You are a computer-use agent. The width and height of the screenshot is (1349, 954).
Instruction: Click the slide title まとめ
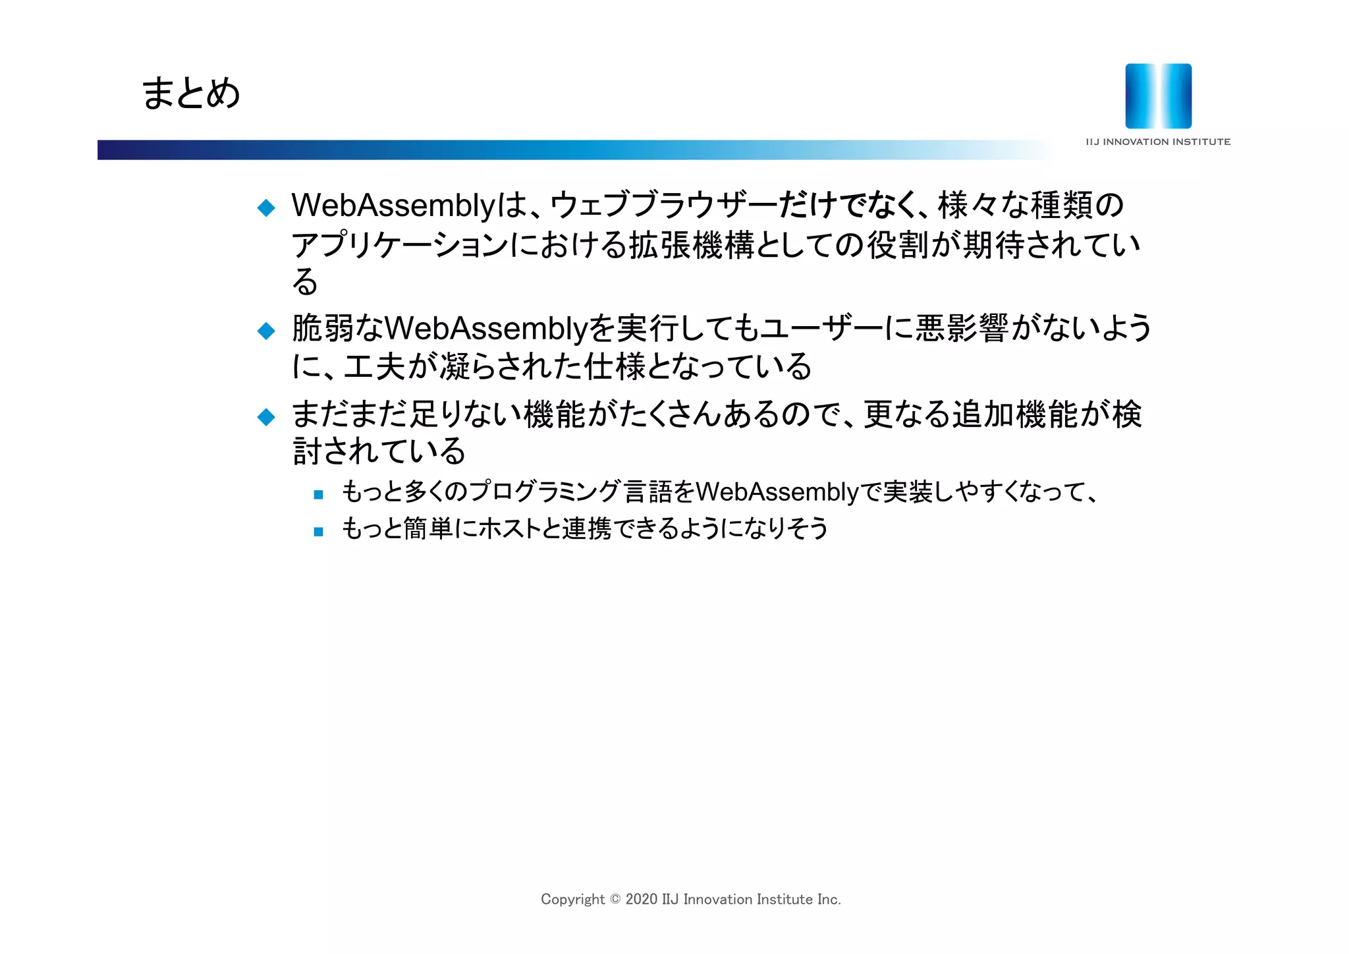click(191, 93)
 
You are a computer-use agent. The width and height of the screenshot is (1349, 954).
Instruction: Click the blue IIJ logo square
click(1158, 96)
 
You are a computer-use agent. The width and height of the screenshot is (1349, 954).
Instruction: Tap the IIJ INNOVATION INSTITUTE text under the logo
click(1158, 142)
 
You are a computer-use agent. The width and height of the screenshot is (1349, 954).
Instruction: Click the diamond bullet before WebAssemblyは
click(266, 208)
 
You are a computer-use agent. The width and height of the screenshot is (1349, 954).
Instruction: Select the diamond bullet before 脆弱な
click(266, 331)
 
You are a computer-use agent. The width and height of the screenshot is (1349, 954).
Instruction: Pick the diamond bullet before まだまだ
click(266, 416)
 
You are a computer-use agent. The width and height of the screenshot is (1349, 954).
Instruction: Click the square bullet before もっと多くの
click(319, 494)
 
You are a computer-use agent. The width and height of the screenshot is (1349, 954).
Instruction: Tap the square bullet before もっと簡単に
click(319, 531)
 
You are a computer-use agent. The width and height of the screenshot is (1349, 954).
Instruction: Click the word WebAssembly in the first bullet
click(393, 206)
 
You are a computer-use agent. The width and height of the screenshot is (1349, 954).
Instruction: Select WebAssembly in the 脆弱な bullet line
click(485, 329)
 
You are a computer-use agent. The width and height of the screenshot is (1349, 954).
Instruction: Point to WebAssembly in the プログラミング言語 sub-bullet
click(777, 492)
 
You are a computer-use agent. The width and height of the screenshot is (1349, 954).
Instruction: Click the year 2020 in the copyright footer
click(641, 899)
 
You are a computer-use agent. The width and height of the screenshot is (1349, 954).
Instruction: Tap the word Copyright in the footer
click(572, 899)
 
